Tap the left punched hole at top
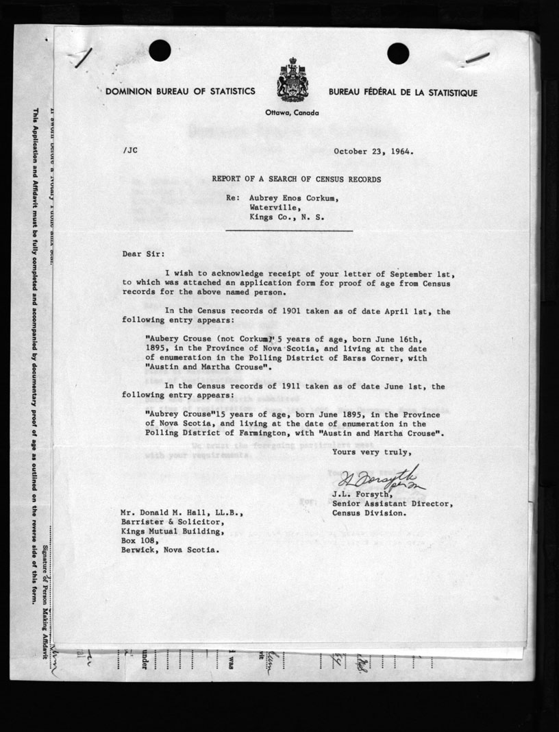point(160,50)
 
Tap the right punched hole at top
point(398,53)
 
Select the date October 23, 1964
point(373,151)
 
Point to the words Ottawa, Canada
point(292,112)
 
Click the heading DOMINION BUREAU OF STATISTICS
point(180,92)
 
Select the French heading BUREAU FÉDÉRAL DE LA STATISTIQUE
point(403,93)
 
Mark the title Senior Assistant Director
point(392,504)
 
